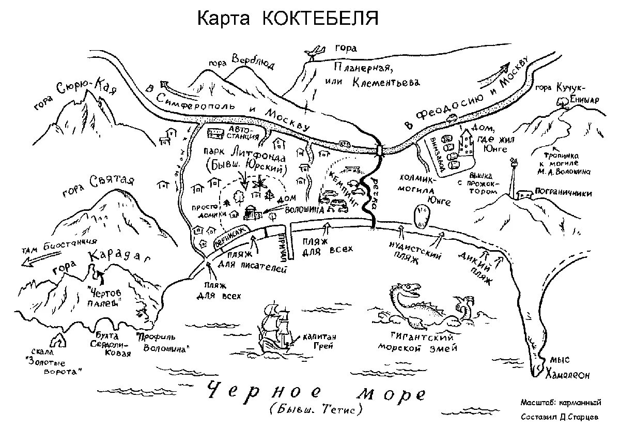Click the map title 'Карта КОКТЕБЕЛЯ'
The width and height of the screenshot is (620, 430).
point(288,19)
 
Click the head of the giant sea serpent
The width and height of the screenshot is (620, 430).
point(408,290)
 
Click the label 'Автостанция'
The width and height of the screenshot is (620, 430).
point(243,133)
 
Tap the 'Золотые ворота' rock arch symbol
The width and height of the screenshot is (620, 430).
point(59,340)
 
